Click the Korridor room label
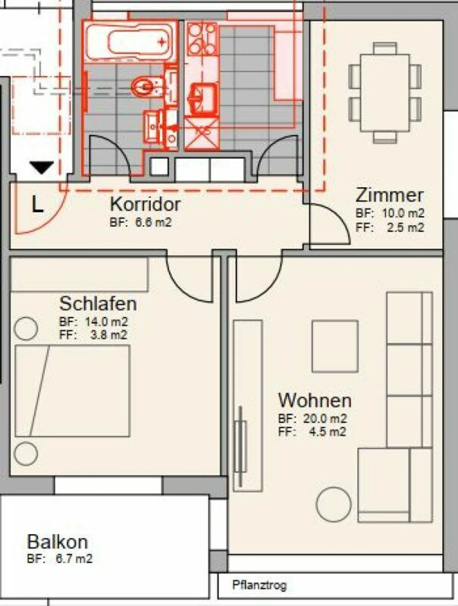(x=145, y=204)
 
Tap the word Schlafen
(x=98, y=304)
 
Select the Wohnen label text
(x=315, y=400)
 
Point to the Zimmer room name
(x=389, y=195)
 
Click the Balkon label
(x=57, y=542)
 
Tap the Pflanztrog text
(x=259, y=585)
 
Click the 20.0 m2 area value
(x=324, y=419)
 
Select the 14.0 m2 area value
(x=106, y=322)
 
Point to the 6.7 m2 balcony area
(x=74, y=559)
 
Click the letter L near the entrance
(x=38, y=204)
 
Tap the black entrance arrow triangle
(x=42, y=167)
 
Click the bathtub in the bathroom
(x=130, y=41)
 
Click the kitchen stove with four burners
(x=202, y=39)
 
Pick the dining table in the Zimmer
(x=385, y=93)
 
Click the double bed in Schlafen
(x=73, y=391)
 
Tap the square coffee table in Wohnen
(x=335, y=346)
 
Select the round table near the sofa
(x=334, y=504)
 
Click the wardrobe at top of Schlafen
(x=79, y=274)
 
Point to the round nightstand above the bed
(x=26, y=328)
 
